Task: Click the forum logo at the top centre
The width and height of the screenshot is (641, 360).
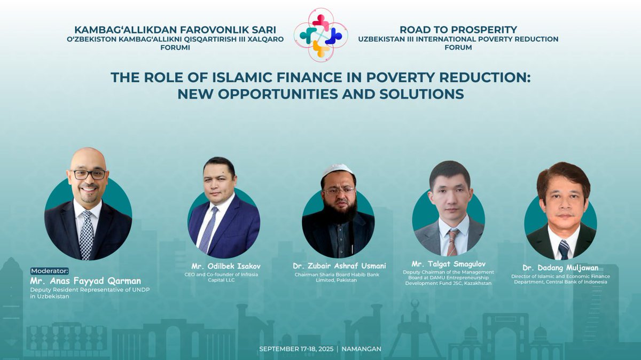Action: pyautogui.click(x=320, y=35)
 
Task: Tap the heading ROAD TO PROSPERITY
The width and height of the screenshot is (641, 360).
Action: pyautogui.click(x=458, y=30)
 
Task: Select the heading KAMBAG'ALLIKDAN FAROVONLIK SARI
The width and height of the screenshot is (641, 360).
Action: pyautogui.click(x=175, y=30)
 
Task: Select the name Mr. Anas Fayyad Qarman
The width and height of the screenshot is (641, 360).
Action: pyautogui.click(x=85, y=280)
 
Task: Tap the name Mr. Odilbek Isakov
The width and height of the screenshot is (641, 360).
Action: pyautogui.click(x=226, y=266)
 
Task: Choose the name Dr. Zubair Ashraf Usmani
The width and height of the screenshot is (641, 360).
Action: pyautogui.click(x=339, y=266)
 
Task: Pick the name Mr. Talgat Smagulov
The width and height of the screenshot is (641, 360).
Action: pyautogui.click(x=448, y=264)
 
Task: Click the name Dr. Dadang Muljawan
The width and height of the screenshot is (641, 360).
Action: pyautogui.click(x=560, y=268)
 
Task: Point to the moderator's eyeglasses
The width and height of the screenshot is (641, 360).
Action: pyautogui.click(x=89, y=175)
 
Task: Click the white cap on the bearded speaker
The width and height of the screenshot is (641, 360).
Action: pyautogui.click(x=338, y=170)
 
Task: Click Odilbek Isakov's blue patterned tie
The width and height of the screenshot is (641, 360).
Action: pyautogui.click(x=207, y=230)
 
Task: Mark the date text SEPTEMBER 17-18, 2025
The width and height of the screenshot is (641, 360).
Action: pyautogui.click(x=296, y=349)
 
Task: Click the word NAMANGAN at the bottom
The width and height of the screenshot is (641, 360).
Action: pyautogui.click(x=362, y=349)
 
